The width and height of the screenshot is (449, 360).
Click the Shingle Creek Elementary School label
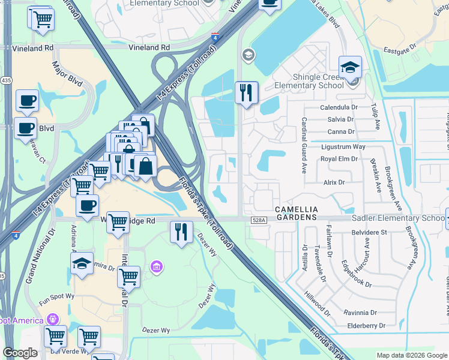coord(309,81)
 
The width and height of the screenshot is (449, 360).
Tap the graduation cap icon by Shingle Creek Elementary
coord(350,67)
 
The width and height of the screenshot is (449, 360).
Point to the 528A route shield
coord(259,220)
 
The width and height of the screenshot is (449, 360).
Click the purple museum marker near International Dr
coord(157,266)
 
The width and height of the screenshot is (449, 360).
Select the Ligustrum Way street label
coord(343,146)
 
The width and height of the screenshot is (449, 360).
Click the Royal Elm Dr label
coord(339,159)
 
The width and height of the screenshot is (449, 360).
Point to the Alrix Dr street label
coord(334,182)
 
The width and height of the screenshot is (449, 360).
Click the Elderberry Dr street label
coord(366,325)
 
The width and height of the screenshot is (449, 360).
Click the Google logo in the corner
coord(19,353)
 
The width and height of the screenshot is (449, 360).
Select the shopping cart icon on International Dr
coord(128,277)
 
